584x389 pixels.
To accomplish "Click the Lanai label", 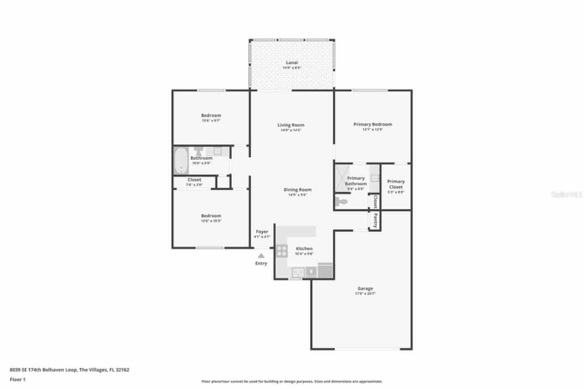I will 292,63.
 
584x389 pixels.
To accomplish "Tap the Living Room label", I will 291,125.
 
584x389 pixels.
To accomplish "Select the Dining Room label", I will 297,190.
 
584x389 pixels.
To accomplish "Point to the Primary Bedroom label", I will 373,124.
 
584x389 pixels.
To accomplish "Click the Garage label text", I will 365,289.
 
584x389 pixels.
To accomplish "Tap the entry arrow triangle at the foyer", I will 261,256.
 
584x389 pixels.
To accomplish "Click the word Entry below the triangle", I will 261,263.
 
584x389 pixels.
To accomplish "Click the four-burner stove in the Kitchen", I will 281,250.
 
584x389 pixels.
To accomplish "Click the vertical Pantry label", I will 375,220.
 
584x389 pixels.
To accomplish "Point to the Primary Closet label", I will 396,184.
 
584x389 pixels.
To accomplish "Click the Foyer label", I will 262,232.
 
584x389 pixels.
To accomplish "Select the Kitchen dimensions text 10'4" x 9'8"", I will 304,254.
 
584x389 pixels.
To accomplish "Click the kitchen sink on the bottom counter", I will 298,272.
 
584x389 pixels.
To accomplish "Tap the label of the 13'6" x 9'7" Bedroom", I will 211,116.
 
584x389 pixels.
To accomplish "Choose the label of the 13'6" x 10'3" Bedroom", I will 211,216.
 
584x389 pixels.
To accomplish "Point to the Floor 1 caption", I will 18,379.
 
